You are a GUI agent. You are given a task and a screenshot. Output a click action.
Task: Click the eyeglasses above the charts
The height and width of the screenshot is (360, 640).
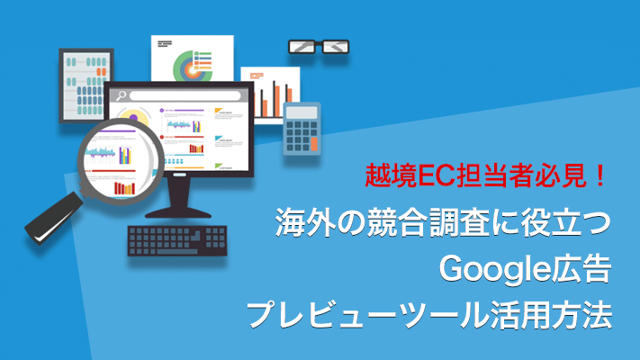(x=319, y=47)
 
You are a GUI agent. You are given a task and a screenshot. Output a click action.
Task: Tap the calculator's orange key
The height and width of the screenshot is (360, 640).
(x=314, y=144)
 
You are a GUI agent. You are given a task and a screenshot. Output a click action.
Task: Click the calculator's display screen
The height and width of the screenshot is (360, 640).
(x=302, y=112)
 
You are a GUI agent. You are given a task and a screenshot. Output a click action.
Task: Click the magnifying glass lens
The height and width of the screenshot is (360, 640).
(x=121, y=161)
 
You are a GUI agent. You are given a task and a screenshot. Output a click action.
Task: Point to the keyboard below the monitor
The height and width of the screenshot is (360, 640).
(x=177, y=241)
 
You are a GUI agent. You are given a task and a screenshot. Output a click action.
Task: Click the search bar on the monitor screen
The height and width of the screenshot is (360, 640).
(x=185, y=96)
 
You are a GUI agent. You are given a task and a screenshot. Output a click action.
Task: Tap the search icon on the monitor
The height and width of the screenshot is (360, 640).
(x=121, y=96)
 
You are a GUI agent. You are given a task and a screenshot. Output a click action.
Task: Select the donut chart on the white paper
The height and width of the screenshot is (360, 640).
(x=192, y=66)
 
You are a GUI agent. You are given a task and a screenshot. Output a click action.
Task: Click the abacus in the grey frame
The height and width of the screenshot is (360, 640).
(x=86, y=85)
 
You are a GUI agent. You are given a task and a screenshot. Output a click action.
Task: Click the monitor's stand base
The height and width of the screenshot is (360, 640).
(x=178, y=212)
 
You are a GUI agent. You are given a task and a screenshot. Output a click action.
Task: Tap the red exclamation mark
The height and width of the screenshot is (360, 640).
(x=600, y=175)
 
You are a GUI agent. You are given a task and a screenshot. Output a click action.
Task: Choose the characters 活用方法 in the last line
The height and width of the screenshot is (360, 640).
(x=552, y=315)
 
